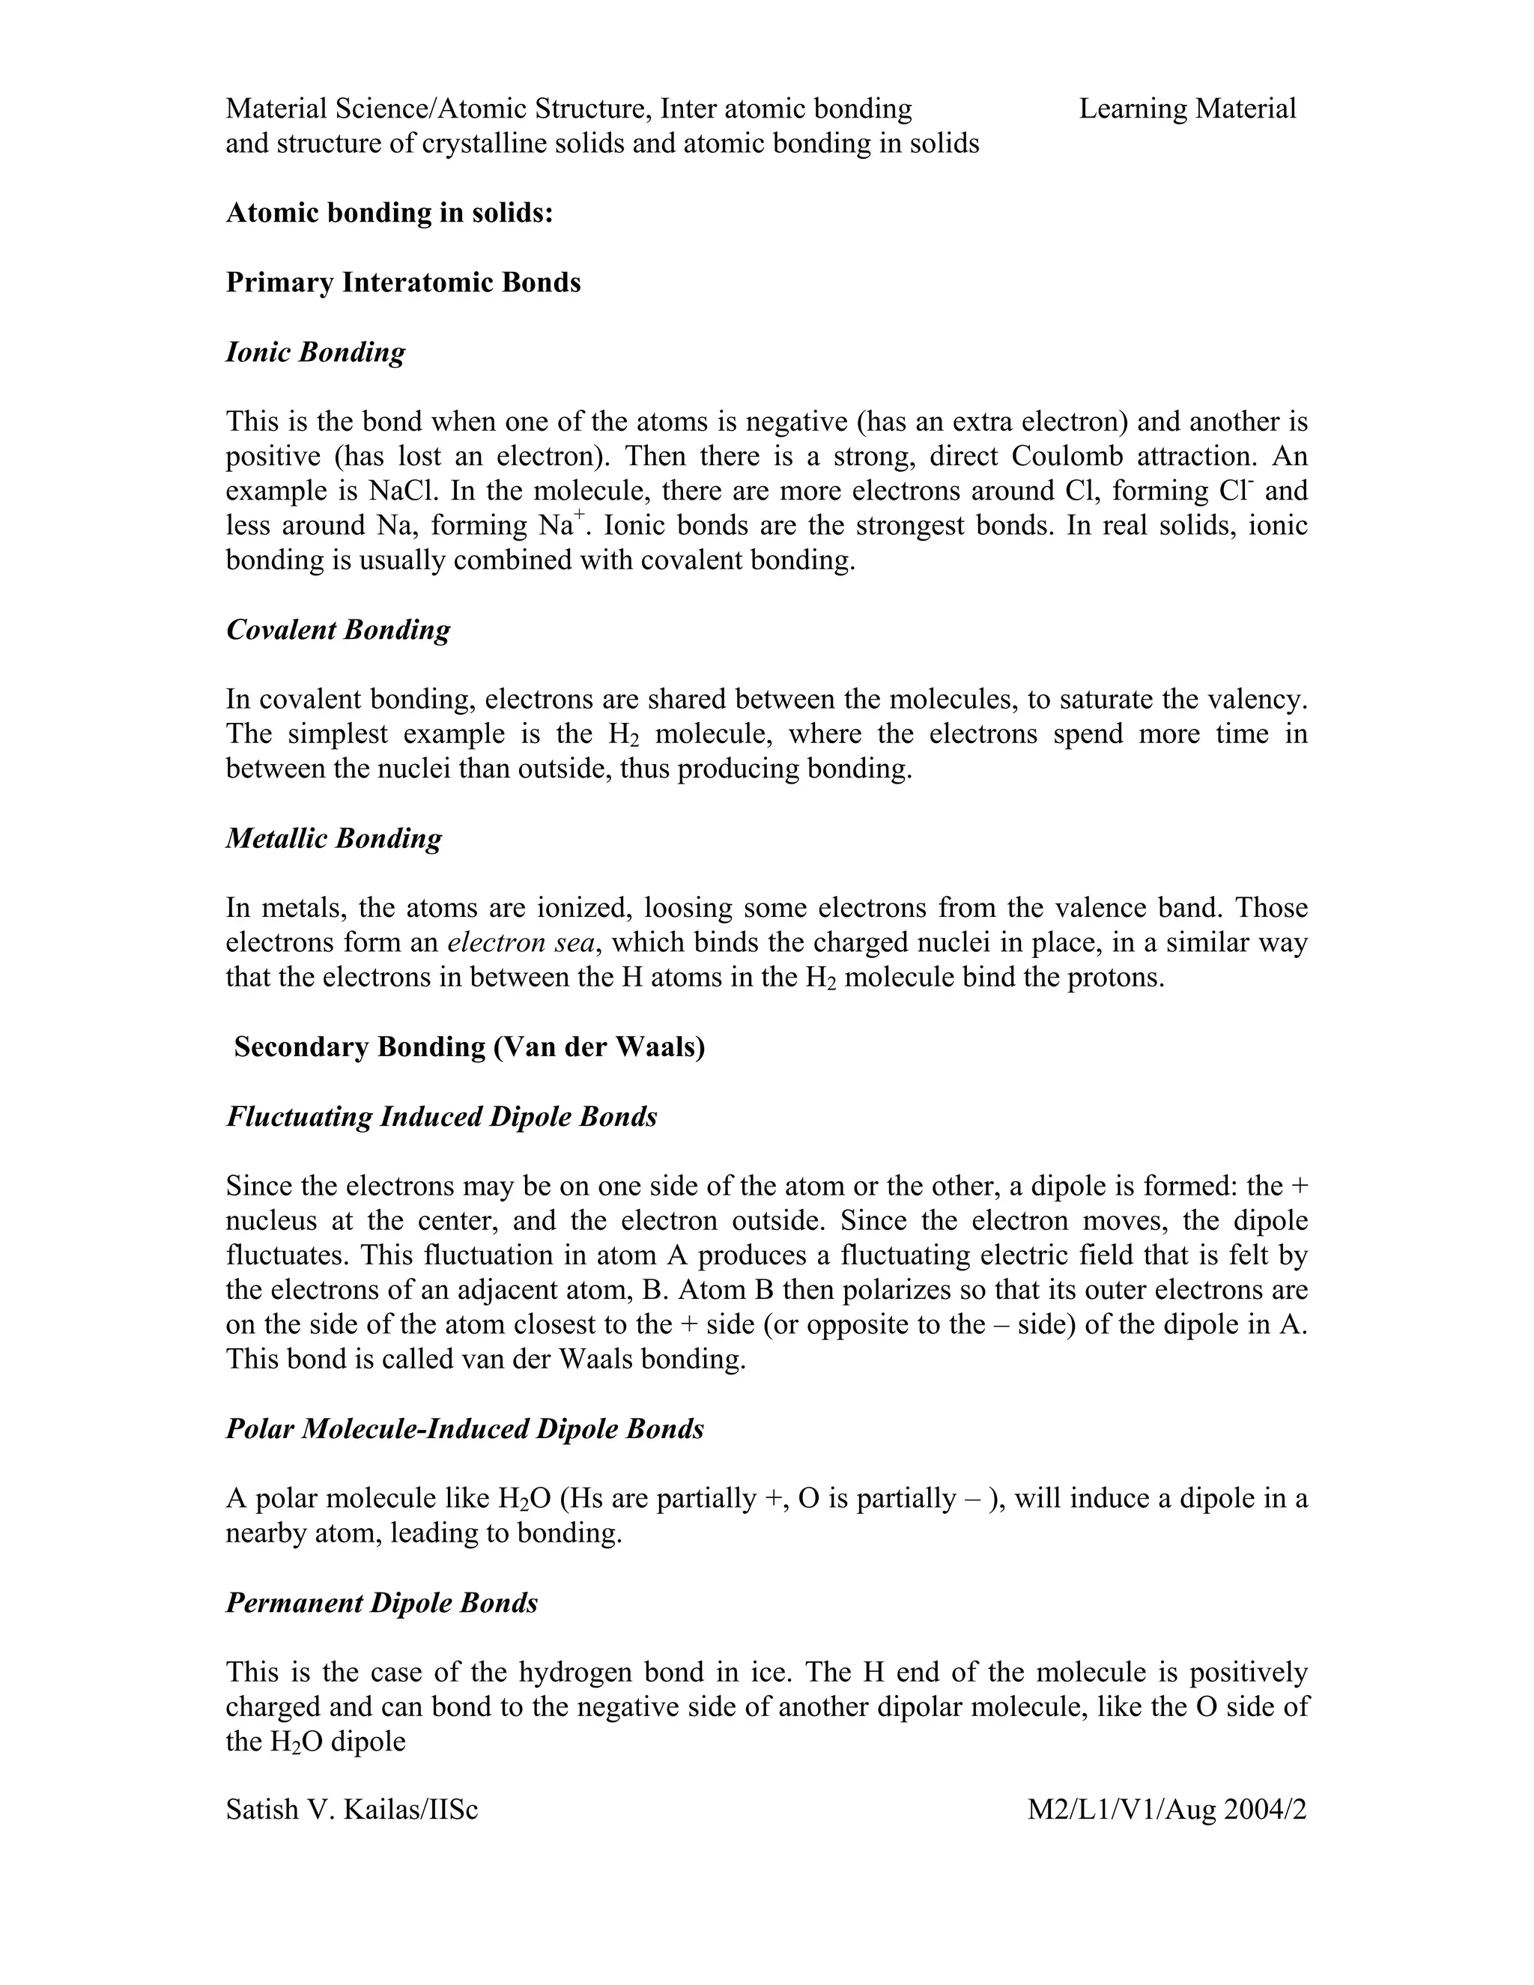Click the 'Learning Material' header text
1187,109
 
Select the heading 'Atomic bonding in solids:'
389,213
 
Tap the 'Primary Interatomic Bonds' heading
402,282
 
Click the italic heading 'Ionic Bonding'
315,353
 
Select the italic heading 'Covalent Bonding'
337,630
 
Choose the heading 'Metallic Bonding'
333,838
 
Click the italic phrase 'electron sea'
521,942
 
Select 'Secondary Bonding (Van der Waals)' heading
469,1047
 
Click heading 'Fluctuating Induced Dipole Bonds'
442,1116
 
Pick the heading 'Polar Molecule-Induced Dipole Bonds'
464,1428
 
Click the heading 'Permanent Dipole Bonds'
382,1602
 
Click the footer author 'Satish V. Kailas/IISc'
352,1810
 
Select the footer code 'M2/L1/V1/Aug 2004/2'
1166,1810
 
